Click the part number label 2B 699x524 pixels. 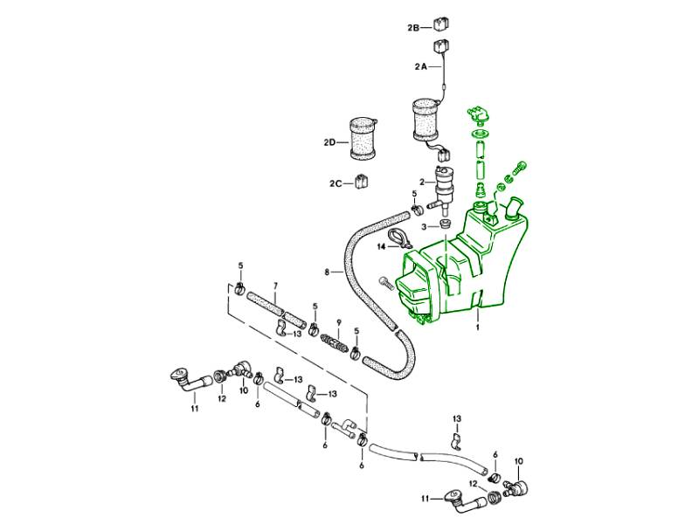[x=414, y=28]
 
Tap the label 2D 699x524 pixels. [x=329, y=141]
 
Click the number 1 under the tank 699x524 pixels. [x=478, y=329]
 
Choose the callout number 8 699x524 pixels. [x=327, y=272]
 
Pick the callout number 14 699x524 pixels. [x=381, y=247]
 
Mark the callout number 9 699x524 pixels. [x=340, y=321]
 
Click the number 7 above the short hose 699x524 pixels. [x=275, y=286]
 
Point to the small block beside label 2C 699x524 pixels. [x=363, y=183]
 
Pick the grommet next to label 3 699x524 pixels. [x=444, y=226]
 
